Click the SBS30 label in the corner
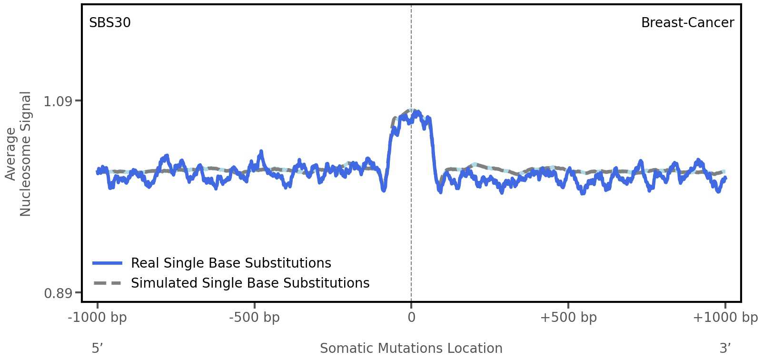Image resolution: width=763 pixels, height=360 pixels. click(x=110, y=23)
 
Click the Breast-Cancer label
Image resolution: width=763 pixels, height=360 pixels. click(x=687, y=23)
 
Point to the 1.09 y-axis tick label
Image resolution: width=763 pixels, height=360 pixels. click(x=58, y=101)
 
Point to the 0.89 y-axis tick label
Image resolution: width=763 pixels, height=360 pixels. click(x=58, y=293)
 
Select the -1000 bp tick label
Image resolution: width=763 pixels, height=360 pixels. click(x=98, y=318)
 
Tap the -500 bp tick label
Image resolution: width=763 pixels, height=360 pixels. click(x=254, y=318)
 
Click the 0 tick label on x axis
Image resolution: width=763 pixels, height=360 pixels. click(x=411, y=318)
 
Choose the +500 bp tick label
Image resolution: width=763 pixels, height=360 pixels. click(x=568, y=318)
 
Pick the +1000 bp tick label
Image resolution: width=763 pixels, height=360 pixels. click(x=725, y=318)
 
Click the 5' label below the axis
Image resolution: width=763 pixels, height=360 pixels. click(x=97, y=348)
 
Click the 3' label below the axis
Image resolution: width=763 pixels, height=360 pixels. click(x=725, y=348)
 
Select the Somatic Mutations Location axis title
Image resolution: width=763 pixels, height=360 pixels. click(x=411, y=348)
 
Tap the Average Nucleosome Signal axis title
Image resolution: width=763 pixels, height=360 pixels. click(x=18, y=154)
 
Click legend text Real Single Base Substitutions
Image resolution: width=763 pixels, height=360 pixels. click(x=231, y=263)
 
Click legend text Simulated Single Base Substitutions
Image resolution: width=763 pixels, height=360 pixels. click(x=250, y=283)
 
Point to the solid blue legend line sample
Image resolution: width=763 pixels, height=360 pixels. click(x=108, y=263)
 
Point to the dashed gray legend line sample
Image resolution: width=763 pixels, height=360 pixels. click(x=108, y=283)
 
